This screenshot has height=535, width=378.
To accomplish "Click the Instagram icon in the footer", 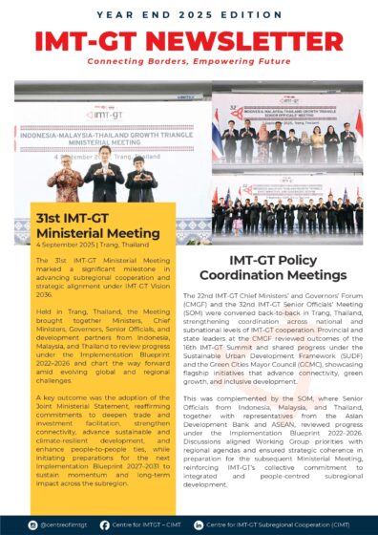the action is click(x=35, y=524).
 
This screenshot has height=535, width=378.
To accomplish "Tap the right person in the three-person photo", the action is click(x=141, y=178).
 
